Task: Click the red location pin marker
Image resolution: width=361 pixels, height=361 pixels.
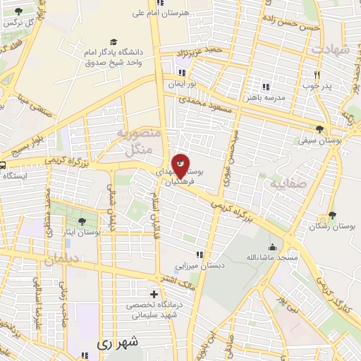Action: tap(180, 164)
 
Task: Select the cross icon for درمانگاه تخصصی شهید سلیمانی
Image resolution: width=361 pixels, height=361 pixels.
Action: tap(154, 293)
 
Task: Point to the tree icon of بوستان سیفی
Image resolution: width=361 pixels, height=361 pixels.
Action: tap(320, 129)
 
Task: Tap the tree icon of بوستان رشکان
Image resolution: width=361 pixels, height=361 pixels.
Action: tap(332, 215)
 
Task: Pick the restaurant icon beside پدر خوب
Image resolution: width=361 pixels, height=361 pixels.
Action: tap(318, 75)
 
